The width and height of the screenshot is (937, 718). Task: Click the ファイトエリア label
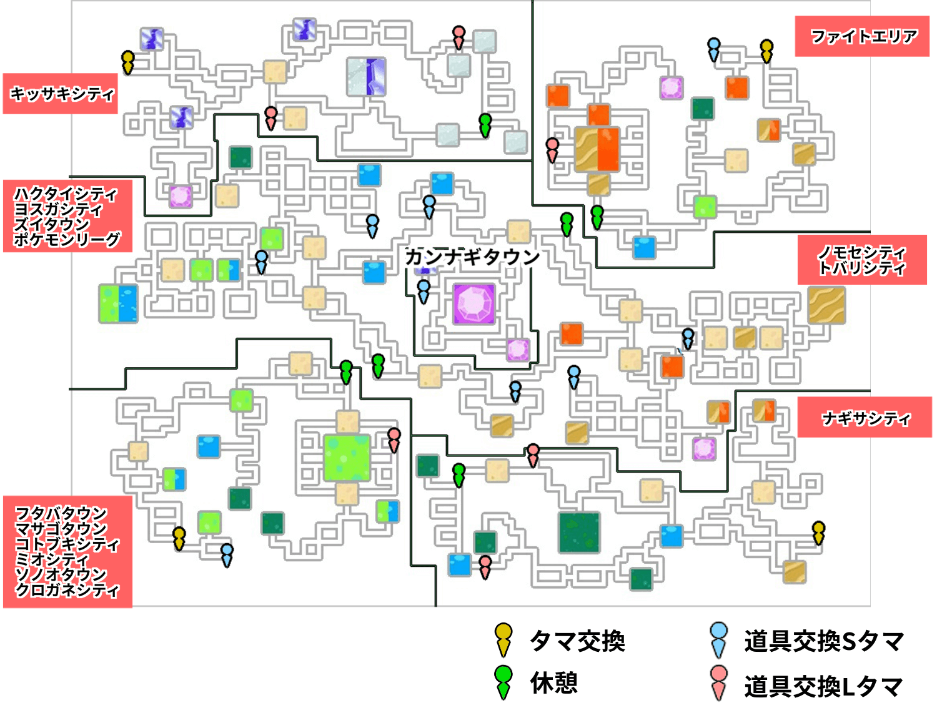coord(863,37)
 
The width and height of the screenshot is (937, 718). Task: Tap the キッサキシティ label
coord(61,94)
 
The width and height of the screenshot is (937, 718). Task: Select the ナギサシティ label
coord(866,418)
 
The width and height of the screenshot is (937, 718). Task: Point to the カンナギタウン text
coord(472,257)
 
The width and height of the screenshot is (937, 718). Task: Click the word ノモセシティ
coord(861,252)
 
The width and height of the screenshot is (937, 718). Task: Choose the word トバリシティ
coord(861,268)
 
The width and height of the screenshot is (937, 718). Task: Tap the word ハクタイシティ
coord(66,194)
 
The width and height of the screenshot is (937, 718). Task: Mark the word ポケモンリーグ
coord(67,239)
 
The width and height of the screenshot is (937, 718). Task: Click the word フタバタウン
coord(61,513)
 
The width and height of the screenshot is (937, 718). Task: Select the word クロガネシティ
coord(67,589)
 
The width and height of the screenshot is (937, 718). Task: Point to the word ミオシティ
coord(52,559)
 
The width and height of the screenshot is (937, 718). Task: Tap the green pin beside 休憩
coord(503,682)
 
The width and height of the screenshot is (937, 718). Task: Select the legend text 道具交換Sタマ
coord(824,641)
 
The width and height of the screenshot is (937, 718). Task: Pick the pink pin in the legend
coord(719,682)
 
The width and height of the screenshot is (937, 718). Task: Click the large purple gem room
coord(474,304)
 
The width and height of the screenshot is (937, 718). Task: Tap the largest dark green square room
coord(579,533)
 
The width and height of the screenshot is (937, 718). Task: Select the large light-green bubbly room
coord(347,458)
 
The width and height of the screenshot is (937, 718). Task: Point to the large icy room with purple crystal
coord(366,77)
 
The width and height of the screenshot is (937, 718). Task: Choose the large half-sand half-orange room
coord(597,149)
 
